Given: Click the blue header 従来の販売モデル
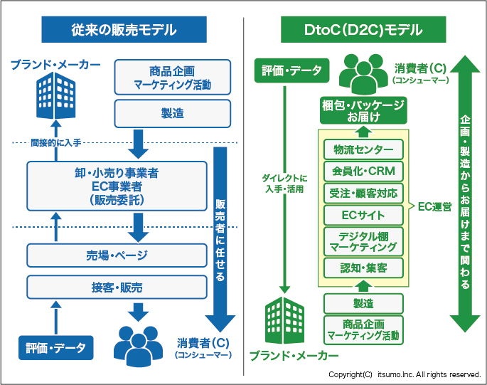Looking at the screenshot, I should point(123,30).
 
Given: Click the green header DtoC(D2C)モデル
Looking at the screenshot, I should point(363,30).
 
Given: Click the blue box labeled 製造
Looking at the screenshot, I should point(173,113).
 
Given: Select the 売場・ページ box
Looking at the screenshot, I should point(118,254).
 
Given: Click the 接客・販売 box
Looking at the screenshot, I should point(118,288).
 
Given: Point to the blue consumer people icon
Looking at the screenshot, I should point(139,343).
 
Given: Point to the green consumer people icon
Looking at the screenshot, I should point(363,72).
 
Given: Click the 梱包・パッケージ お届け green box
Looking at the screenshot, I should point(363,110).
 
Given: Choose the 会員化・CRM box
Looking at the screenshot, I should point(363,171).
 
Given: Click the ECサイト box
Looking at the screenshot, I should point(363,215).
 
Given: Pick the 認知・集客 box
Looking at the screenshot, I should point(363,267).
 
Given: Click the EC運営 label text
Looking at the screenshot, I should point(434,207).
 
